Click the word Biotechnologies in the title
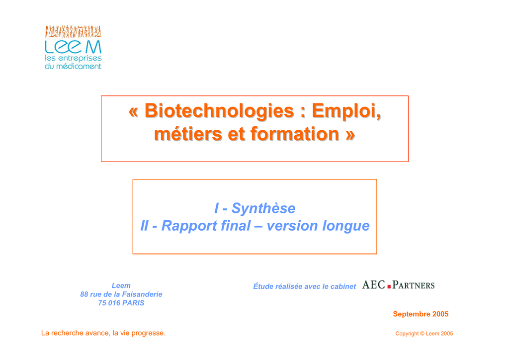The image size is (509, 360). coord(219,111)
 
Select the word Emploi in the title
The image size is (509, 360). coord(346,111)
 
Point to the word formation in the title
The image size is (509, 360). coord(295,134)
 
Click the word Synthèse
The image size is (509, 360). coord(263,208)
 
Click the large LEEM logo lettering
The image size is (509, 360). coord(73,47)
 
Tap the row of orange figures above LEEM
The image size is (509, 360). coord(73,31)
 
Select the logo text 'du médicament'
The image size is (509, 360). coord(73,66)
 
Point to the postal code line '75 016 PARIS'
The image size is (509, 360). coord(121,303)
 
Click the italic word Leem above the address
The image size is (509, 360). coord(121,285)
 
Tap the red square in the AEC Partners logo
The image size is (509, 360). coord(389,286)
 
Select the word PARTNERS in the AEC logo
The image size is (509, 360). coord(413,285)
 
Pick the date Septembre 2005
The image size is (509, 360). coord(421,314)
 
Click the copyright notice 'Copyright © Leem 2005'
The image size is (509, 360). coord(424,334)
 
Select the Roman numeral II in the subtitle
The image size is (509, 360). coord(144,226)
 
